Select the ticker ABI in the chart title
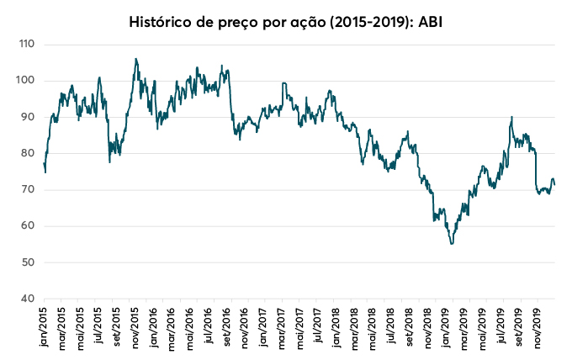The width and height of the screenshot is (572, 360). [429, 20]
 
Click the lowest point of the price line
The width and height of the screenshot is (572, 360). [452, 243]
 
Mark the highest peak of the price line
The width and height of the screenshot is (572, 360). [136, 59]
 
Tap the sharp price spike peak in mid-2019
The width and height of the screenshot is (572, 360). [511, 117]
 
